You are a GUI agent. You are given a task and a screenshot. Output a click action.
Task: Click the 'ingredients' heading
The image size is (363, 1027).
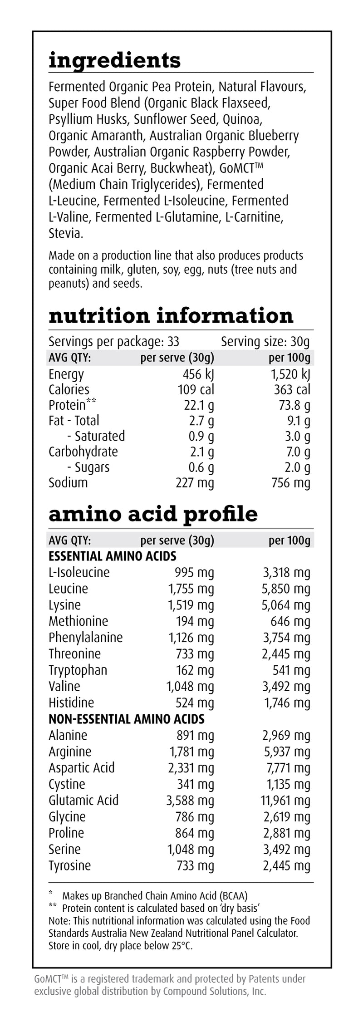(114, 61)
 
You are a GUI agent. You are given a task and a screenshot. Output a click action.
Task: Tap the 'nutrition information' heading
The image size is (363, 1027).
(171, 315)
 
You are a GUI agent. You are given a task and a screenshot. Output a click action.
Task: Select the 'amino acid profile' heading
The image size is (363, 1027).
(153, 514)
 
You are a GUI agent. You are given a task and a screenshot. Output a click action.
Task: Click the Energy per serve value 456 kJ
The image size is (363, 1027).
(196, 374)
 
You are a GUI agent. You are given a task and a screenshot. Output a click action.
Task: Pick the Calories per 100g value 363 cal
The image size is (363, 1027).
(292, 390)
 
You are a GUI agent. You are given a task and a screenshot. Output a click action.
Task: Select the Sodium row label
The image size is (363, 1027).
(68, 482)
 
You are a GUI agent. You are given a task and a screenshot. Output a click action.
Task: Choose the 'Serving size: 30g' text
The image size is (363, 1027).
(265, 341)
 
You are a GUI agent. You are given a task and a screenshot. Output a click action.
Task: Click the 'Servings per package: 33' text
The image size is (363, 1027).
(114, 341)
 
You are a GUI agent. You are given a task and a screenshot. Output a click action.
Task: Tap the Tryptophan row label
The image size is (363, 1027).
(78, 670)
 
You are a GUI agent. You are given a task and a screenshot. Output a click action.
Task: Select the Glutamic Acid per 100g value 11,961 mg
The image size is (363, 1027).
(285, 800)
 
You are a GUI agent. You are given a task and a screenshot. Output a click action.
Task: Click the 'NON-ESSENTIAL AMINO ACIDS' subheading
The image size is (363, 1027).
(126, 719)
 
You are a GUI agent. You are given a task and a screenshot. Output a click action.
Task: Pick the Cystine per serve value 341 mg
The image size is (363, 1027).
(195, 784)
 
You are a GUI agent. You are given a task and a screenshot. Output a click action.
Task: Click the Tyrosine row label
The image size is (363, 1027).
(69, 865)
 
